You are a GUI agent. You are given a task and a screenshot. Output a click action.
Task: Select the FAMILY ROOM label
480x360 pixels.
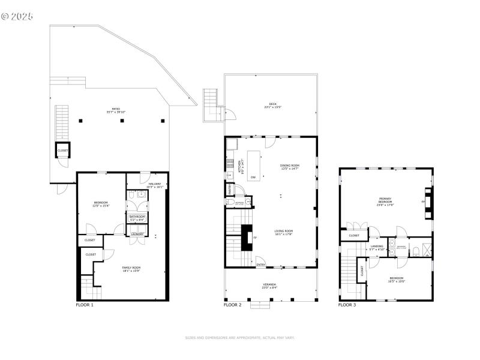click(x=131, y=268)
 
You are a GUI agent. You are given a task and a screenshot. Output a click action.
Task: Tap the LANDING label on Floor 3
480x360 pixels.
click(x=377, y=246)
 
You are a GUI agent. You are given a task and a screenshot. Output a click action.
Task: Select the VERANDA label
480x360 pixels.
click(x=270, y=285)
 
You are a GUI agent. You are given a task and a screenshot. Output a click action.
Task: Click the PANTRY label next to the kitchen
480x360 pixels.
click(x=230, y=188)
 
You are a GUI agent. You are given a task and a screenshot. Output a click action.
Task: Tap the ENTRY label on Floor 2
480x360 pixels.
click(x=261, y=265)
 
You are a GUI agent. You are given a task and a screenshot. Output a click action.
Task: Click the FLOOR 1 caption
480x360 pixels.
click(x=85, y=305)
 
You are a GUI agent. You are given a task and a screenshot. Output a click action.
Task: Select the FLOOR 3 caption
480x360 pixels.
click(x=347, y=305)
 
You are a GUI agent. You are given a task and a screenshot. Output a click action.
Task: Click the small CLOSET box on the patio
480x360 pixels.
click(x=62, y=150)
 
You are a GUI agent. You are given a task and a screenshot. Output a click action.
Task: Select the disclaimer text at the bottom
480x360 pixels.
click(x=240, y=337)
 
